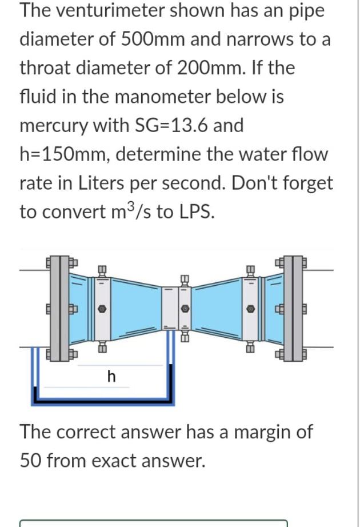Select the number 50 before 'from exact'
point(30,460)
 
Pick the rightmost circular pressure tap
point(250,308)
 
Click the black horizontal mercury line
point(103,398)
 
